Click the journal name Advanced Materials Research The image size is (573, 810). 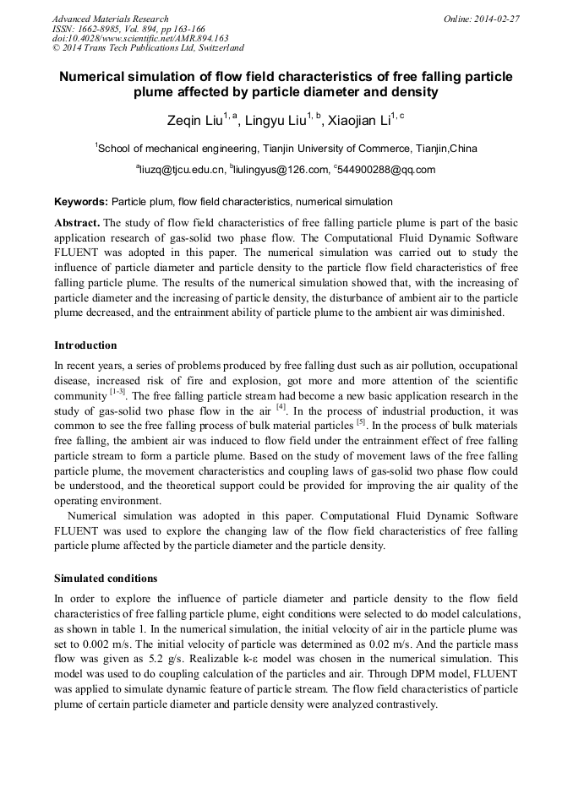(110, 19)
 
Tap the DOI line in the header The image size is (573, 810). (140, 38)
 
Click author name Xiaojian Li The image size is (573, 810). (361, 121)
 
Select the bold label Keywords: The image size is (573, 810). (81, 202)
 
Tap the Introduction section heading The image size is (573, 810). (85, 345)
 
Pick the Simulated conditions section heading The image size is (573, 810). (106, 579)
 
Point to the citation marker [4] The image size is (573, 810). (281, 406)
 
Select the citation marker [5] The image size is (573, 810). (360, 421)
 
